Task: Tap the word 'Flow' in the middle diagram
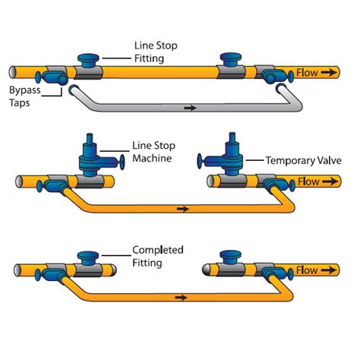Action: coord(308,182)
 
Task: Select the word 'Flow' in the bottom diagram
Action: coord(308,269)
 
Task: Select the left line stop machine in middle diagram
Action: coord(91,156)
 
